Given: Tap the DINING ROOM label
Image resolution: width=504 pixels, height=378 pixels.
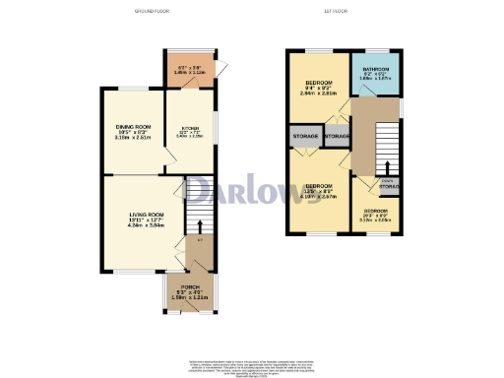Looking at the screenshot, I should pyautogui.click(x=132, y=127).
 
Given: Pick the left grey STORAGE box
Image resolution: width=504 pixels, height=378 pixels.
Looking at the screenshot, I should pyautogui.click(x=304, y=135).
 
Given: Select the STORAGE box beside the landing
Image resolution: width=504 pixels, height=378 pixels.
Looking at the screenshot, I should pyautogui.click(x=338, y=135).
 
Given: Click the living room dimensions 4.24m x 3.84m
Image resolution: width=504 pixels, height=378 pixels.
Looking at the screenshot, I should pyautogui.click(x=145, y=225).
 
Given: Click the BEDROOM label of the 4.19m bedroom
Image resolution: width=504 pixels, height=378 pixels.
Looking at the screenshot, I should pyautogui.click(x=318, y=185).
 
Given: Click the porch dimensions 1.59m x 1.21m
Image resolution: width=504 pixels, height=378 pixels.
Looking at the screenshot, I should pyautogui.click(x=189, y=298).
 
